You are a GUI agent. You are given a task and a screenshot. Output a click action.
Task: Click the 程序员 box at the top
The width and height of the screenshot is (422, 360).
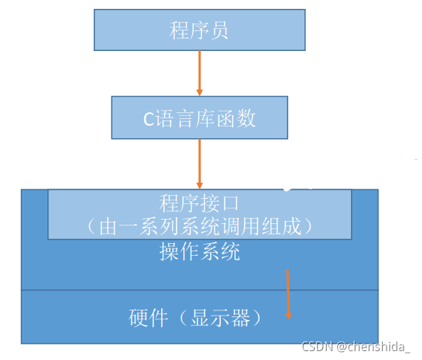tap(200, 30)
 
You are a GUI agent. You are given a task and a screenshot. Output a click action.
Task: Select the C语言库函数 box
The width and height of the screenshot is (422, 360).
tap(200, 118)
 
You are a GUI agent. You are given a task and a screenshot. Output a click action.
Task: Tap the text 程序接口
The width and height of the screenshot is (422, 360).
tap(200, 202)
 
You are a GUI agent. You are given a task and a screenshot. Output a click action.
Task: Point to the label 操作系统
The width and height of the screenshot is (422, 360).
tap(200, 251)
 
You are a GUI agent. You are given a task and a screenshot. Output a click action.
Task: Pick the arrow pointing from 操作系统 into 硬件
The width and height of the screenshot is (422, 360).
tap(288, 294)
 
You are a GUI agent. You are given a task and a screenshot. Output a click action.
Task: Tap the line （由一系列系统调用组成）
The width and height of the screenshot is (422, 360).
tap(200, 226)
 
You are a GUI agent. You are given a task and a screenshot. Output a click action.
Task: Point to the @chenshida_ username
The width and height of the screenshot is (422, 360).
tap(374, 346)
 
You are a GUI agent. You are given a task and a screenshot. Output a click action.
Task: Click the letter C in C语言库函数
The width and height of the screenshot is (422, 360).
tap(149, 118)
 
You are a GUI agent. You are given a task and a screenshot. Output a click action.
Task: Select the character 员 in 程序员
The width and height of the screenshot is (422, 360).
tap(219, 30)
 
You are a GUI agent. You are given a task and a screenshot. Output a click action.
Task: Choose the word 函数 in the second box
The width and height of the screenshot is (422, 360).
tap(238, 118)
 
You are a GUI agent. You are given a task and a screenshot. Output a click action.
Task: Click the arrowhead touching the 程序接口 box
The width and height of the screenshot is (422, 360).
tap(200, 185)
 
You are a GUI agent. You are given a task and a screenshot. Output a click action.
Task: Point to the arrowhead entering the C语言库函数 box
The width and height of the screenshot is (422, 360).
tap(200, 92)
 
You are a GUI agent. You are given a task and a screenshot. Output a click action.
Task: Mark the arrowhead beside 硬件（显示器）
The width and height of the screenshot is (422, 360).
tap(288, 316)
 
